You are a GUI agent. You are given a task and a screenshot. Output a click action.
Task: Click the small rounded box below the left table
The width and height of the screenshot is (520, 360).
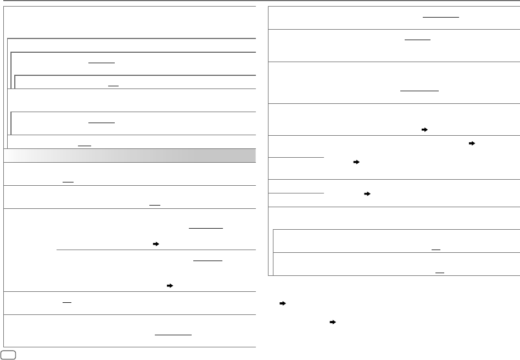tap(8, 353)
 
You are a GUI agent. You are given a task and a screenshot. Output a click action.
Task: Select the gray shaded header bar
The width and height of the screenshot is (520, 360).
tap(130, 155)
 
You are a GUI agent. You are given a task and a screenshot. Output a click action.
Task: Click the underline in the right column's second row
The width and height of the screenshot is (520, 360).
tap(418, 40)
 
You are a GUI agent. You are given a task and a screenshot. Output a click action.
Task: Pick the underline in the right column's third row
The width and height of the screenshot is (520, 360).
tap(420, 91)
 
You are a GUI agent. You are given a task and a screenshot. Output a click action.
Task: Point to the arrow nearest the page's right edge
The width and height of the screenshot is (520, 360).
tap(472, 142)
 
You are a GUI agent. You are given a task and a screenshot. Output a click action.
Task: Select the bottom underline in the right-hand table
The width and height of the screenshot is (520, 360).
tap(440, 272)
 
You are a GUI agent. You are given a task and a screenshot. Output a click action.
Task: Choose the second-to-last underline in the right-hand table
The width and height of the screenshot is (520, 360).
tap(436, 250)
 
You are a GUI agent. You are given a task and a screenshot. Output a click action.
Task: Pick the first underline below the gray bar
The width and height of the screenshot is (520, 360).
tap(68, 182)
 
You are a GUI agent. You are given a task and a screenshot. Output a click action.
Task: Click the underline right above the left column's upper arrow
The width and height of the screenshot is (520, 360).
tap(205, 228)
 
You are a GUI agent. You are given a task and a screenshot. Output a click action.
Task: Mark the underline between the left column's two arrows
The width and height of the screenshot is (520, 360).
tap(208, 261)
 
